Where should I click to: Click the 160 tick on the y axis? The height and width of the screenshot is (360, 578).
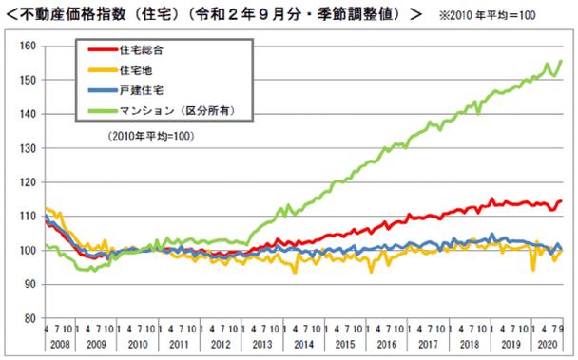tap(27, 47)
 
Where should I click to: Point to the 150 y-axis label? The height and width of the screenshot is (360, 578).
tap(27, 81)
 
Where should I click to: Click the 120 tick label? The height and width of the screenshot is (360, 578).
tap(27, 182)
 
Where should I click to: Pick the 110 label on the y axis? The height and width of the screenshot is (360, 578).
tap(27, 217)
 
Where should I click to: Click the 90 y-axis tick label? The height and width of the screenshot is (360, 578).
tap(29, 284)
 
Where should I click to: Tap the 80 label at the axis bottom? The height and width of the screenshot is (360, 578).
tap(29, 318)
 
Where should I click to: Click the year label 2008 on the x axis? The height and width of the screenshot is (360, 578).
tap(58, 343)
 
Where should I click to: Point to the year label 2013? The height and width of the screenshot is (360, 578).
tap(261, 343)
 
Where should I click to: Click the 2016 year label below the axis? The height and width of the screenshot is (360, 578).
tap(384, 343)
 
